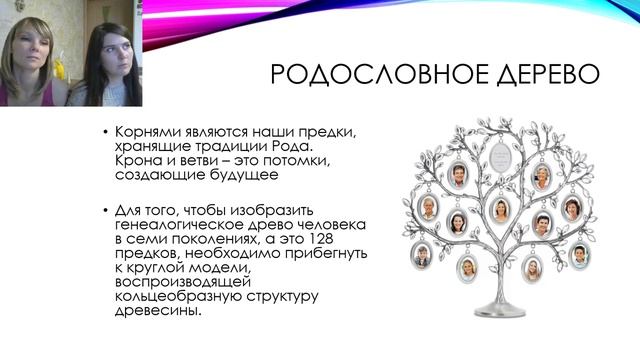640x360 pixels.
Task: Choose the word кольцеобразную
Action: coord(175,295)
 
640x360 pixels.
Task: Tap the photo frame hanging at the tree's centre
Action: coord(499,210)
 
